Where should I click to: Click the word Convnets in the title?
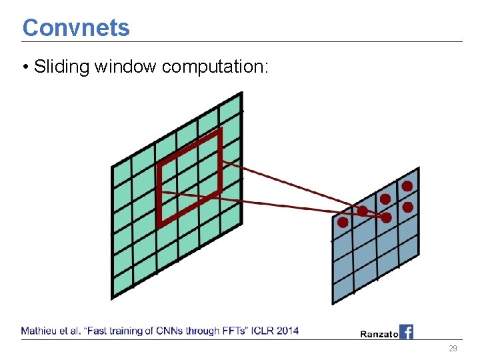(x=76, y=28)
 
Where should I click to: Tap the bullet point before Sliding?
(x=25, y=67)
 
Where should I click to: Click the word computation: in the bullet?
(x=215, y=67)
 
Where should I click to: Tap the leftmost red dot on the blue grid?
(x=343, y=223)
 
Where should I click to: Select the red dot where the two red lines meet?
(x=386, y=217)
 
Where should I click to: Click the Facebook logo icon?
(x=406, y=331)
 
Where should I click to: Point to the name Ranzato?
(x=379, y=333)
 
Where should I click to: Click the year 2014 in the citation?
(x=288, y=331)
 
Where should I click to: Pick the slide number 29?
(x=453, y=349)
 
